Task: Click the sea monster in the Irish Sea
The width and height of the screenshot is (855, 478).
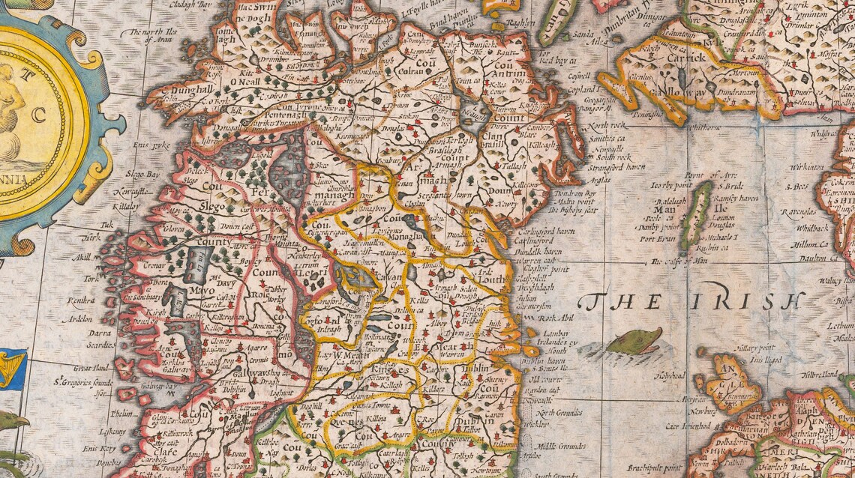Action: coord(634,342)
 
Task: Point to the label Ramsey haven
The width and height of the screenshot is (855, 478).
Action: coord(737,199)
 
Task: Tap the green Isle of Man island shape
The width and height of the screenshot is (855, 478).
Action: coord(697,214)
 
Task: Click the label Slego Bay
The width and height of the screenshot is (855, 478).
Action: coord(142,173)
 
